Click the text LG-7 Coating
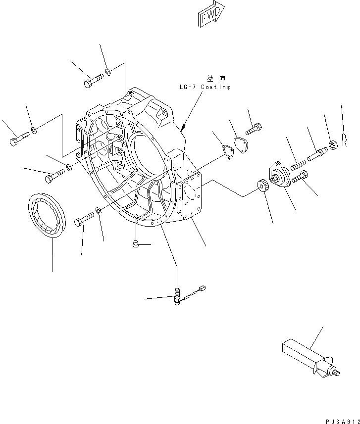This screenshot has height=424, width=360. (205, 87)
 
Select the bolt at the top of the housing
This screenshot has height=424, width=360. (93, 80)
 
